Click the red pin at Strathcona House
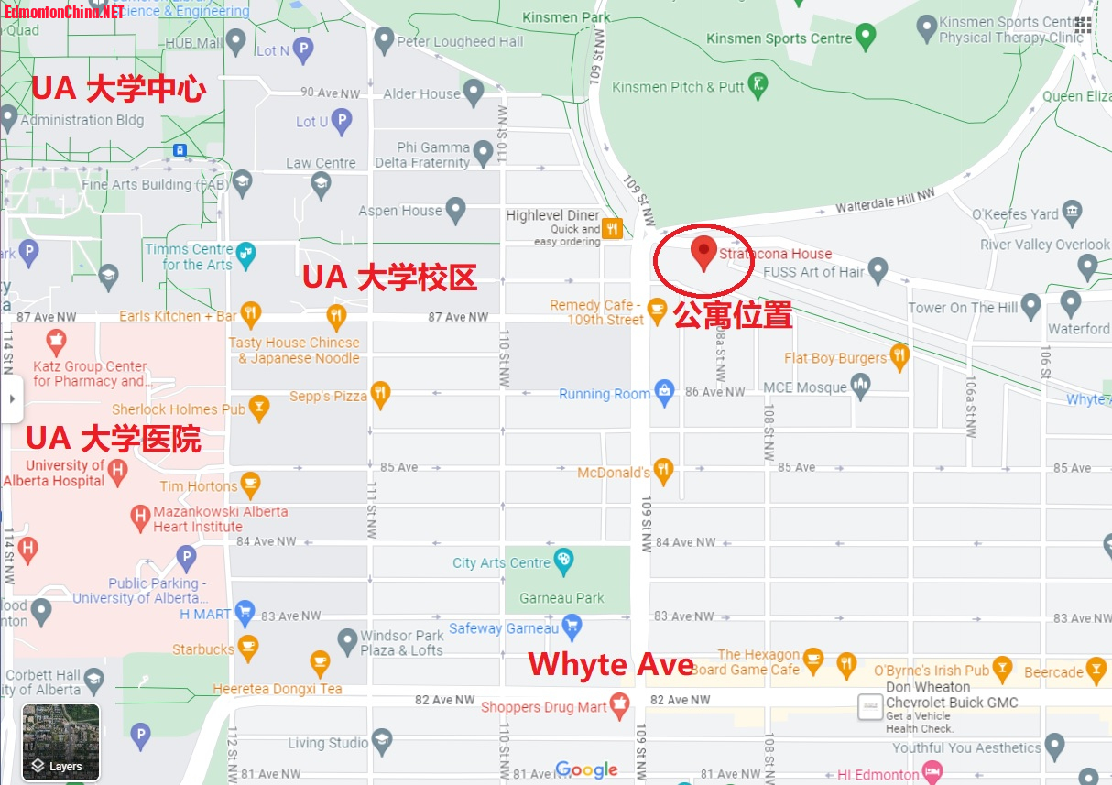(x=703, y=251)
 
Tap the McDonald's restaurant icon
(x=663, y=472)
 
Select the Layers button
(x=60, y=743)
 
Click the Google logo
(x=586, y=770)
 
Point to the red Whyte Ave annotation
(x=610, y=664)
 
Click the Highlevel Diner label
(x=552, y=215)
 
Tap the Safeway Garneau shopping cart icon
(x=572, y=627)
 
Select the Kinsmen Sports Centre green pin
(x=866, y=37)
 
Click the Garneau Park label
(x=561, y=598)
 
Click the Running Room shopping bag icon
(x=664, y=393)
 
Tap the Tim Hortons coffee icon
(x=250, y=485)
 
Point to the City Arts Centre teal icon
(x=563, y=561)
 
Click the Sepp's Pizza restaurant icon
(x=380, y=395)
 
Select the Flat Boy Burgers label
(x=835, y=358)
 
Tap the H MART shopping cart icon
(x=244, y=613)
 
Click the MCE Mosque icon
(x=860, y=387)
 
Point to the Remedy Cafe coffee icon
(x=657, y=311)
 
